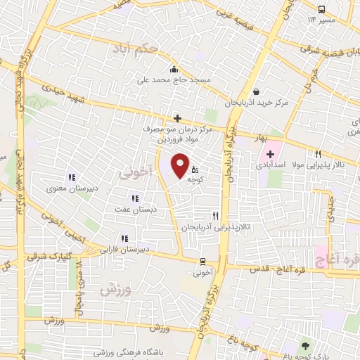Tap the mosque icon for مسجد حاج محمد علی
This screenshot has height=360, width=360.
[x=174, y=69]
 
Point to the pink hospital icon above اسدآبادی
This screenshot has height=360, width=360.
[x=270, y=154]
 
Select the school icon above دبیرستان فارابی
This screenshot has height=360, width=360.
[x=125, y=238]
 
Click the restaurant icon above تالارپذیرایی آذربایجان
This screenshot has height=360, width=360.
[x=216, y=216]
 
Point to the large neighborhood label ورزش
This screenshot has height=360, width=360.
[x=116, y=289]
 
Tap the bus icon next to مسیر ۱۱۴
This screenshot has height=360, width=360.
[x=321, y=9]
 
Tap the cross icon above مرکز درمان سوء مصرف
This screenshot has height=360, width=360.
[x=177, y=118]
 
